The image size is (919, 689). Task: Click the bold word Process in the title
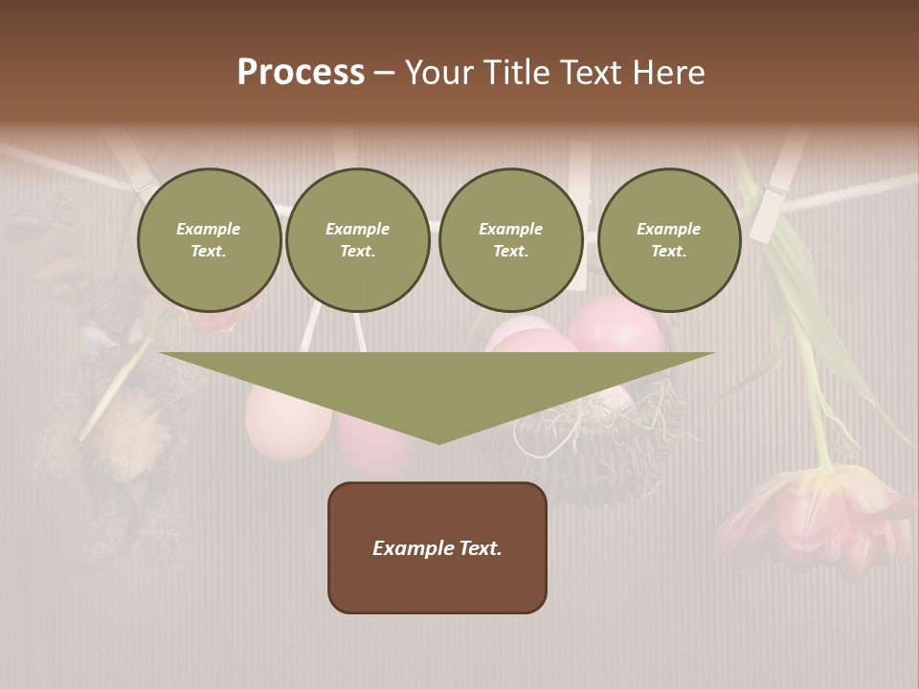point(301,73)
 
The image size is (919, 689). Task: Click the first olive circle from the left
point(209,240)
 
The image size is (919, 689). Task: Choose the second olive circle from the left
point(357,240)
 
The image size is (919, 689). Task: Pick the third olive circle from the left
point(510,240)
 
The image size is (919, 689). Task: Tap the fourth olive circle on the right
point(668,240)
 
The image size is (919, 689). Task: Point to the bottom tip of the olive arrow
point(438,442)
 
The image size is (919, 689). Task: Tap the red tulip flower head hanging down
point(814,517)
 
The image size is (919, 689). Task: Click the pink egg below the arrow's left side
point(287,421)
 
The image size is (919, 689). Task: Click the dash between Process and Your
point(384,73)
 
